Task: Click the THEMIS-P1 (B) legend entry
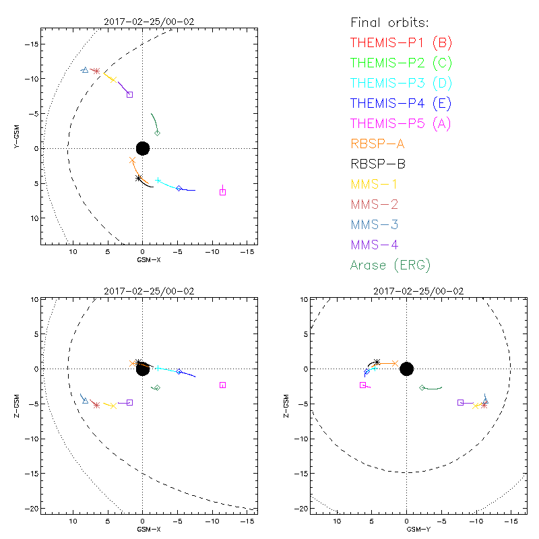click(x=401, y=43)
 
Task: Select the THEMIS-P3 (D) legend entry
click(x=401, y=84)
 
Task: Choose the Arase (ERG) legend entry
click(x=390, y=265)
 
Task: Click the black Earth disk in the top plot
click(x=142, y=148)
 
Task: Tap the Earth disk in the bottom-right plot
click(x=406, y=369)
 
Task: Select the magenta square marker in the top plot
click(x=223, y=192)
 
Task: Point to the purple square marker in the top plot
click(x=129, y=94)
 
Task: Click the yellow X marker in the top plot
click(x=113, y=80)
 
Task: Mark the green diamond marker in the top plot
click(x=158, y=133)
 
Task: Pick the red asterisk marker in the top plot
click(x=96, y=71)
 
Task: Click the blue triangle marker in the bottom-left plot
click(x=85, y=400)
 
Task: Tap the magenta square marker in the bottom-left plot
click(x=223, y=385)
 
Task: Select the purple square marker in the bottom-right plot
click(x=461, y=402)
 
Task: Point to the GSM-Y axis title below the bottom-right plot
click(x=406, y=529)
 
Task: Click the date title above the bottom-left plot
click(x=142, y=291)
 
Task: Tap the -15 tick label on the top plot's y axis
click(x=31, y=44)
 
